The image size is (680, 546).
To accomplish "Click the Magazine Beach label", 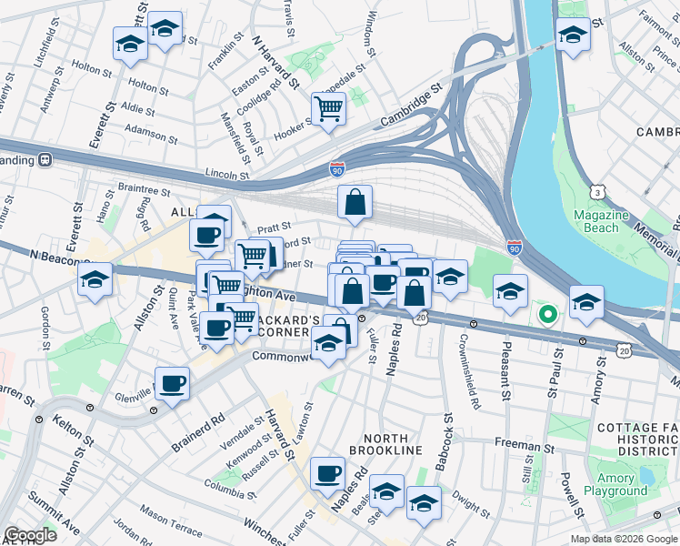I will coord(601,221).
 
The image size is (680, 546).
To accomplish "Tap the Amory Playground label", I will coord(623,484).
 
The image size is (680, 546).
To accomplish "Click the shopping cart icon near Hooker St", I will coord(328,110).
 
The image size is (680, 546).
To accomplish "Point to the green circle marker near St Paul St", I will coord(547,315).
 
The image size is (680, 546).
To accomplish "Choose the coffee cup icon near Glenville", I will coord(171,383).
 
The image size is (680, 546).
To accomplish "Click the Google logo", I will coord(29,535).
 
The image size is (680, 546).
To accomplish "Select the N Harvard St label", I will coord(276,64).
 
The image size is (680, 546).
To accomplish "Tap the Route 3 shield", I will coord(597,192).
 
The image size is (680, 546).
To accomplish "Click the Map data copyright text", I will coord(623,539).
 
